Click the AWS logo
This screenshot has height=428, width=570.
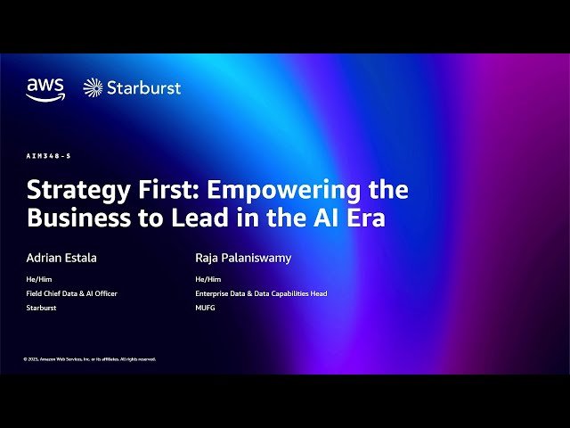click(45, 88)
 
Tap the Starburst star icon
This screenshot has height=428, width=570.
click(93, 87)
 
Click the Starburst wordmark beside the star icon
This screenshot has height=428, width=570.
click(143, 87)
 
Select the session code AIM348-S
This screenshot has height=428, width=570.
click(48, 156)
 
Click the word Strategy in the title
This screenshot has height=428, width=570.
click(77, 191)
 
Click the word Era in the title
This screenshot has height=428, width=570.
click(364, 218)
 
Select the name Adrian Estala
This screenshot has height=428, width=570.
click(61, 258)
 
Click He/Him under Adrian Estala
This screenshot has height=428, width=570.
click(37, 279)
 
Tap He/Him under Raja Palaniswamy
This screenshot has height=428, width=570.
click(207, 279)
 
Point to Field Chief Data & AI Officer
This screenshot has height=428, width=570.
click(71, 293)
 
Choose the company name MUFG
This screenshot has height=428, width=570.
click(205, 308)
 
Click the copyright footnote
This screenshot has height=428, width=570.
click(90, 359)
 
